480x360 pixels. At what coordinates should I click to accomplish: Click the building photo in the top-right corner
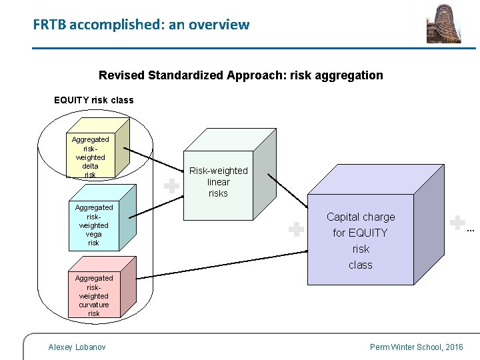pyautogui.click(x=443, y=23)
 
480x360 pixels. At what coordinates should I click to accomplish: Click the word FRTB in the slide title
pyautogui.click(x=49, y=25)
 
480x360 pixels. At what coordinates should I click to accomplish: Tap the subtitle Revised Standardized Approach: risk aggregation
pyautogui.click(x=241, y=75)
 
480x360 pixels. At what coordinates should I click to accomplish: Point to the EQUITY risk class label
pyautogui.click(x=93, y=100)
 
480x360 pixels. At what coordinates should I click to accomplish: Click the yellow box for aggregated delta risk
pyautogui.click(x=91, y=157)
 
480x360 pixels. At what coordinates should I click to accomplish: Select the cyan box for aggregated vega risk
pyautogui.click(x=94, y=225)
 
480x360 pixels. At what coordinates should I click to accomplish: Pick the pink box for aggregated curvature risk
pyautogui.click(x=94, y=295)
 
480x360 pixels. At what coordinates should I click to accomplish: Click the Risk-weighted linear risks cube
pyautogui.click(x=218, y=182)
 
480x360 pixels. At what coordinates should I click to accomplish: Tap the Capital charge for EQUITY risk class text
pyautogui.click(x=361, y=241)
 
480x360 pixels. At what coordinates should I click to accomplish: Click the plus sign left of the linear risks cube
pyautogui.click(x=172, y=186)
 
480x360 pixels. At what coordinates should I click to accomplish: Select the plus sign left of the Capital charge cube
pyautogui.click(x=296, y=230)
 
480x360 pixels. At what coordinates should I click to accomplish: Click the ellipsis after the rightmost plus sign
pyautogui.click(x=471, y=231)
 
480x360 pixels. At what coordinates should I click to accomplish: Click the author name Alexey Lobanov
pyautogui.click(x=77, y=347)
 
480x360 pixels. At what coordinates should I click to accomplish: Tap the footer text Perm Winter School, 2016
pyautogui.click(x=416, y=347)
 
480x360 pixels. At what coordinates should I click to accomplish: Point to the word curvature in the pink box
pyautogui.click(x=94, y=305)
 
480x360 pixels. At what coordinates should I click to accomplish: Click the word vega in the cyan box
pyautogui.click(x=94, y=234)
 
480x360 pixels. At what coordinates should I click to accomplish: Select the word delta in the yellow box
pyautogui.click(x=90, y=166)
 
